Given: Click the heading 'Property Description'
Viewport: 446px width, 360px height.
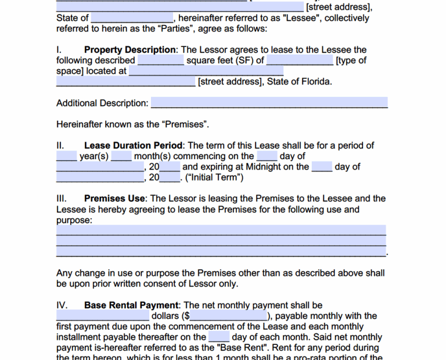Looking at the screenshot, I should tap(130, 50).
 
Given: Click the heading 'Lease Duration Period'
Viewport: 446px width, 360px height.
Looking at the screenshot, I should tap(134, 146).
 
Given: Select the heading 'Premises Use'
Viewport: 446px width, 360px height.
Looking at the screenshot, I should tap(115, 199).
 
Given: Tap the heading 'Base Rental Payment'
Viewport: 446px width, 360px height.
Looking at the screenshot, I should tap(131, 305).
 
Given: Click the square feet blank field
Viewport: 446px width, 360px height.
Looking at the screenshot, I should tap(161, 60).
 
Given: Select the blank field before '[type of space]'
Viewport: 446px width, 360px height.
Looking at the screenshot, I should tap(300, 60).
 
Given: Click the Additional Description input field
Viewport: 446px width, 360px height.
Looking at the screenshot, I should tap(269, 103).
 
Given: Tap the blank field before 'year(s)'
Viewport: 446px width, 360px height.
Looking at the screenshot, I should tap(66, 156).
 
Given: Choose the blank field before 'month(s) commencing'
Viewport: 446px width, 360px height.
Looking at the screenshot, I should tap(121, 156).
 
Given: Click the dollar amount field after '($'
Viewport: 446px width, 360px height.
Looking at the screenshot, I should tap(228, 316).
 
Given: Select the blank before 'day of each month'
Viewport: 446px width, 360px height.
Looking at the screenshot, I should tap(219, 337).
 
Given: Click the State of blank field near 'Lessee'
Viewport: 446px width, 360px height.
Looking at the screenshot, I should tap(132, 19).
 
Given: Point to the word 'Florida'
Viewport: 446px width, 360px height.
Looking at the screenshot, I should tap(315, 82).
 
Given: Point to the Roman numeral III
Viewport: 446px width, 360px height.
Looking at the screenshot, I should tap(62, 199).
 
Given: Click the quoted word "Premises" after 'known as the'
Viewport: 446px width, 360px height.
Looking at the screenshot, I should tap(184, 124).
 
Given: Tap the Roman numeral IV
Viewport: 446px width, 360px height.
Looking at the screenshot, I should tap(62, 305).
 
